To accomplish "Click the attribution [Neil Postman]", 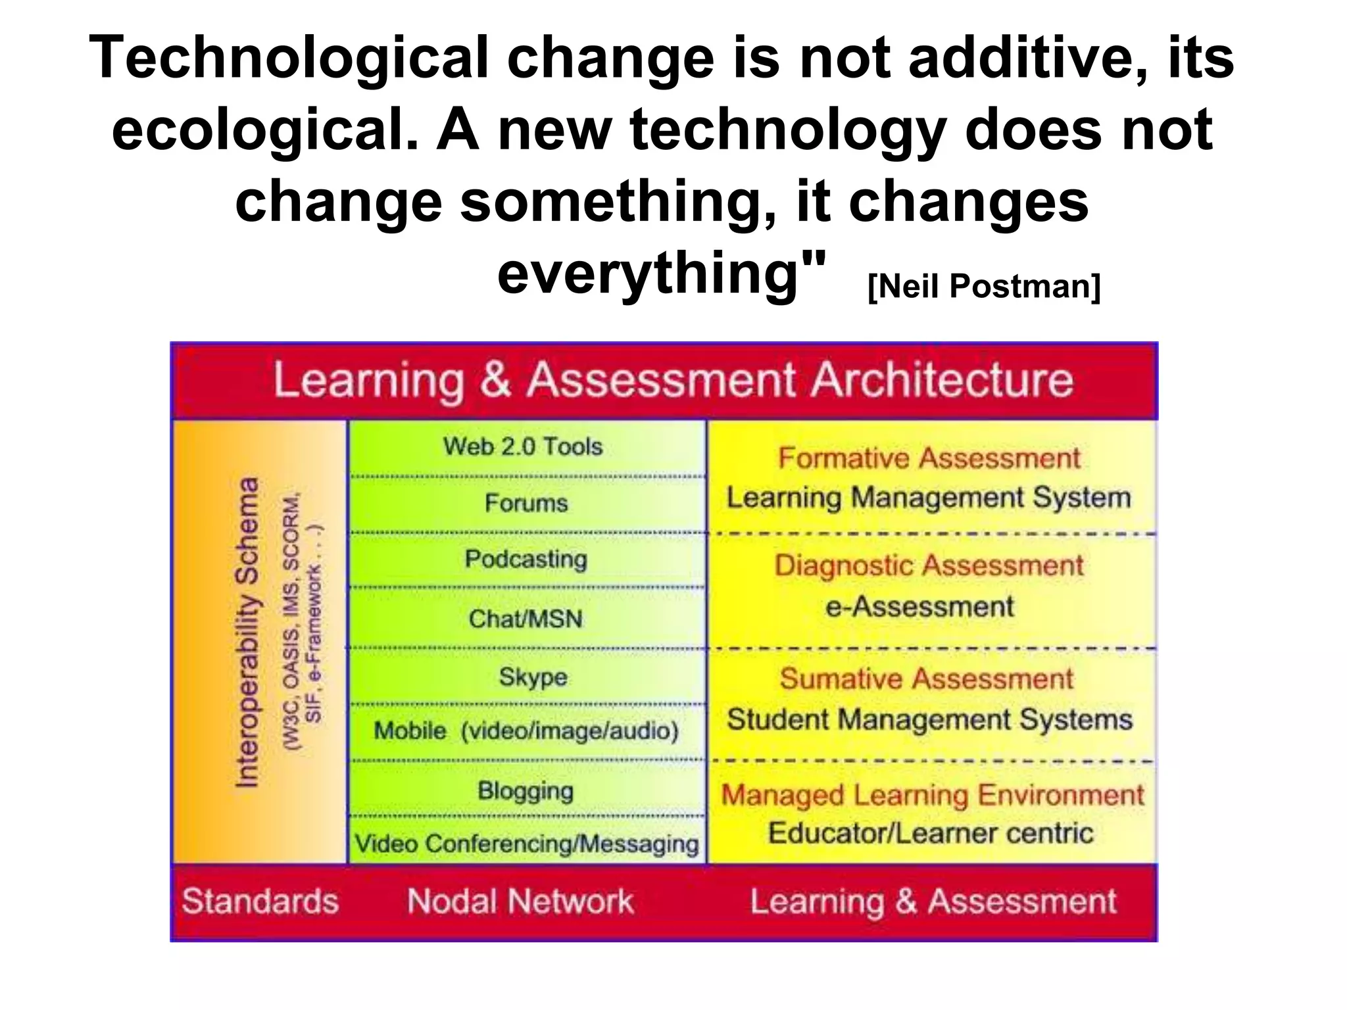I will coord(984,287).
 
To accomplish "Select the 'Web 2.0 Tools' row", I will coord(523,446).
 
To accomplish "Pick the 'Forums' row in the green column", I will coord(526,503).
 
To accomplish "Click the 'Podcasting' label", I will coord(526,559).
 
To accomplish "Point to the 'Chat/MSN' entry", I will coord(526,619).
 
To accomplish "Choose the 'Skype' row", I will coord(533,677).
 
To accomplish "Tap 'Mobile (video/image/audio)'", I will coord(526,731).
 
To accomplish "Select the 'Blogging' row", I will coord(526,790).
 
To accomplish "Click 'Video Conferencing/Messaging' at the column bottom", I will coord(527,844).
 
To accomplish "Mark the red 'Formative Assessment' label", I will coord(929,458).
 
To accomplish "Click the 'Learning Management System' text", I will coord(929,497).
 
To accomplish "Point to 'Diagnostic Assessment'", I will coord(929,565).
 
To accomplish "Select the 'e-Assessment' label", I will coord(920,606).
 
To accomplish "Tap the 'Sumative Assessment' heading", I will coord(927,679).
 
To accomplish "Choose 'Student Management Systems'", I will coord(929,719).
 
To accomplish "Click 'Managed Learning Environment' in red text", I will coord(933,795).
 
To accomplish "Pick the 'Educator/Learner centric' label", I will coord(931,833).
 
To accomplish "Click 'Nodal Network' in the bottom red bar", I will coord(520,901).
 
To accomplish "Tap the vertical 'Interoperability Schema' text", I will coord(247,633).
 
